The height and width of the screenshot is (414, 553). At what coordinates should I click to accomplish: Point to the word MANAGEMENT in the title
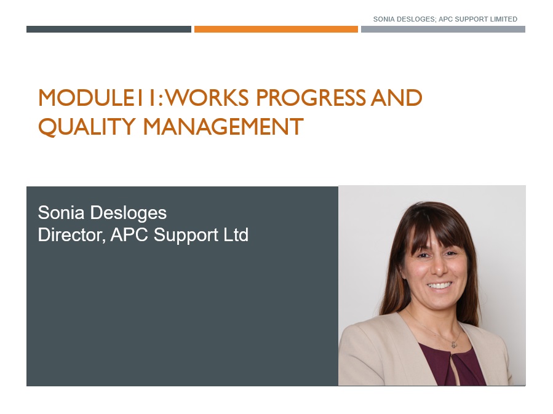pos(223,127)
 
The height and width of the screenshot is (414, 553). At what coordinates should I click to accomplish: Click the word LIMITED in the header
pos(499,19)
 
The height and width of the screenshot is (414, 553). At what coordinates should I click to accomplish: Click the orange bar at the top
pos(276,29)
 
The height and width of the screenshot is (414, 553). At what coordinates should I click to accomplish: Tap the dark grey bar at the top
pos(108,29)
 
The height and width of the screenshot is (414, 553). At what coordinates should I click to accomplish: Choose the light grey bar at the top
pos(443,29)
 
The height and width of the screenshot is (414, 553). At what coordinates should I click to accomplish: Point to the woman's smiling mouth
pos(439,285)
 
